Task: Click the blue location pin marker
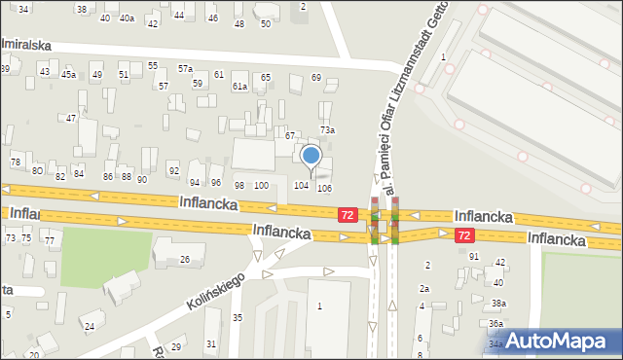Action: [311, 156]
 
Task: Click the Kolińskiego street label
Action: [217, 290]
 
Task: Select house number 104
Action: [302, 186]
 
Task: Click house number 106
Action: [324, 188]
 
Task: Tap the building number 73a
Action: [328, 130]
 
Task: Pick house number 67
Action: [289, 135]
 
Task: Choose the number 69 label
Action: [315, 77]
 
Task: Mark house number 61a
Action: [239, 87]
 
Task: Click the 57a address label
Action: [185, 68]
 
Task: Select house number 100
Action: [261, 185]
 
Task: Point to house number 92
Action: [173, 171]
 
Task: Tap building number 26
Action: [184, 259]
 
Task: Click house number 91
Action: [474, 256]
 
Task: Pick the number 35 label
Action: [238, 318]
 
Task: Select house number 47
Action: [71, 118]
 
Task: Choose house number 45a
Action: [68, 74]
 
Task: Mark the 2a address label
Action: [424, 288]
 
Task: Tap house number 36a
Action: [495, 323]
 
